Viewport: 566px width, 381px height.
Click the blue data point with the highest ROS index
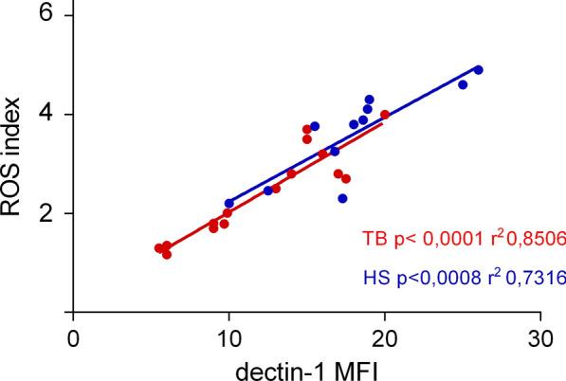pos(479,70)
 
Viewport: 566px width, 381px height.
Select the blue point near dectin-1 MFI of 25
pos(463,85)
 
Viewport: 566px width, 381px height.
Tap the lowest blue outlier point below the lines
pos(342,198)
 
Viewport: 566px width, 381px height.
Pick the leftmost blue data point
pos(228,204)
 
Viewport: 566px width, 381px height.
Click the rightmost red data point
pos(385,115)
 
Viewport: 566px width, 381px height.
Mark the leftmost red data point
pos(158,248)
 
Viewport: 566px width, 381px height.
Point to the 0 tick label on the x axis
pos(72,336)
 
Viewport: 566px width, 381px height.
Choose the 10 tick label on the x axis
pos(228,336)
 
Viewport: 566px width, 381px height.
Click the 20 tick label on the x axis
pos(384,336)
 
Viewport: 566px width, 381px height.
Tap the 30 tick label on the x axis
pos(539,336)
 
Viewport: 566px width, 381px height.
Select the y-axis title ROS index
pos(13,161)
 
